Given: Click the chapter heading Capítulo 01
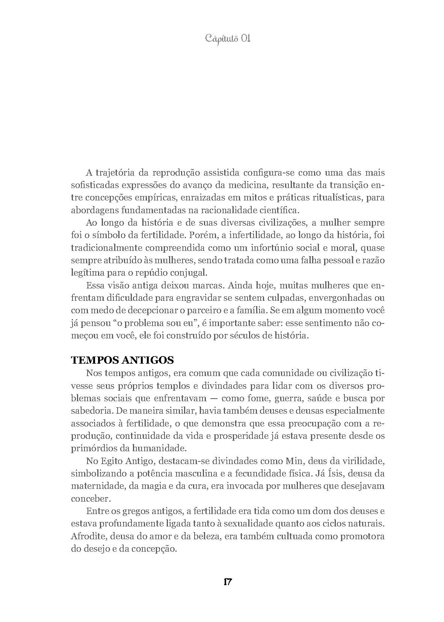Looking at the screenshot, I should click(228, 38).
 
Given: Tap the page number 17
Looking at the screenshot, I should click(228, 581).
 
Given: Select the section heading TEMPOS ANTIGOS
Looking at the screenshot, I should click(122, 360).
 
